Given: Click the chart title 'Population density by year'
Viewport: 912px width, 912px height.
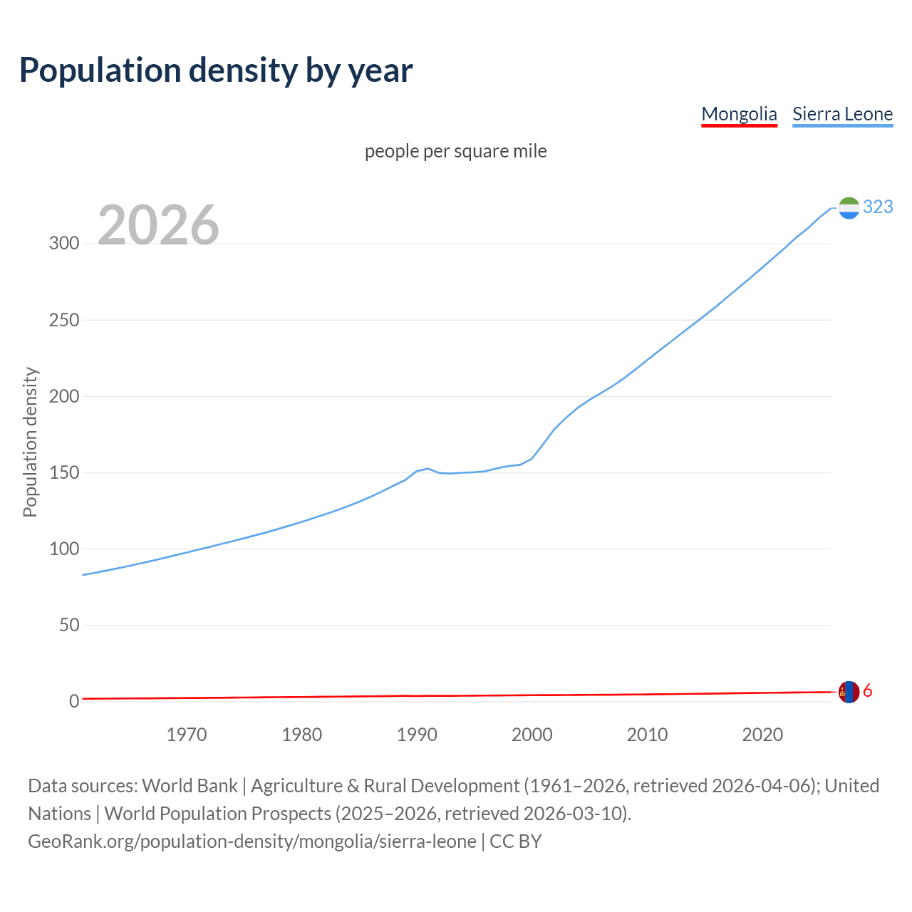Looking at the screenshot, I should point(216,70).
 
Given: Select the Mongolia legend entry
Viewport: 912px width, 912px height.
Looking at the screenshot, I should point(739,114).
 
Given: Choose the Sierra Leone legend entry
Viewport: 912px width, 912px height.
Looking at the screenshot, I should point(842,114).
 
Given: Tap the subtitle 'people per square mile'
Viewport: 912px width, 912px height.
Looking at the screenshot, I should point(455,151).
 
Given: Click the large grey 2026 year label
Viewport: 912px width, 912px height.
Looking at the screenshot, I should point(158,225).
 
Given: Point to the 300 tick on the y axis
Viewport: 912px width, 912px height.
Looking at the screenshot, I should point(64,244).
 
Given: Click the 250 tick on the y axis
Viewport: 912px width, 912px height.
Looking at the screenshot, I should point(64,320).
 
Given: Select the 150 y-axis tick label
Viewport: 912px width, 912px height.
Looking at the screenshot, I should point(64,472).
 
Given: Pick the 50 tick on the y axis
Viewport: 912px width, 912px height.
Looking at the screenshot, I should point(69,625).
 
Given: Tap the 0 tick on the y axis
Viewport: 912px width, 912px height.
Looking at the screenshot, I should point(74,701).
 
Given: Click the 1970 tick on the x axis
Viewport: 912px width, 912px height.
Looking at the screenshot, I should point(187,735).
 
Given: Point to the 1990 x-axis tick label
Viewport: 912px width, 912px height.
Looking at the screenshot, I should point(417,735).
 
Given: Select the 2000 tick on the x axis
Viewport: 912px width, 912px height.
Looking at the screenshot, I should point(532,735).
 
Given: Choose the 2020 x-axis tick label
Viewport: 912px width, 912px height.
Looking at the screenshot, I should point(762,735).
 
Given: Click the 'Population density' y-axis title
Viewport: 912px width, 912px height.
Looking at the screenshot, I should point(30,442).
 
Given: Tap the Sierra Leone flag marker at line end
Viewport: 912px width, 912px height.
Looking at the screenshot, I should point(849,207).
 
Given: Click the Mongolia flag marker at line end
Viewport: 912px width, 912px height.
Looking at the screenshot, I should point(849,692).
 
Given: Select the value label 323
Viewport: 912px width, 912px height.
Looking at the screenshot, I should point(878,207).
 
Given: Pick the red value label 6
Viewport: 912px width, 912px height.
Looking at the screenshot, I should point(867,691).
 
